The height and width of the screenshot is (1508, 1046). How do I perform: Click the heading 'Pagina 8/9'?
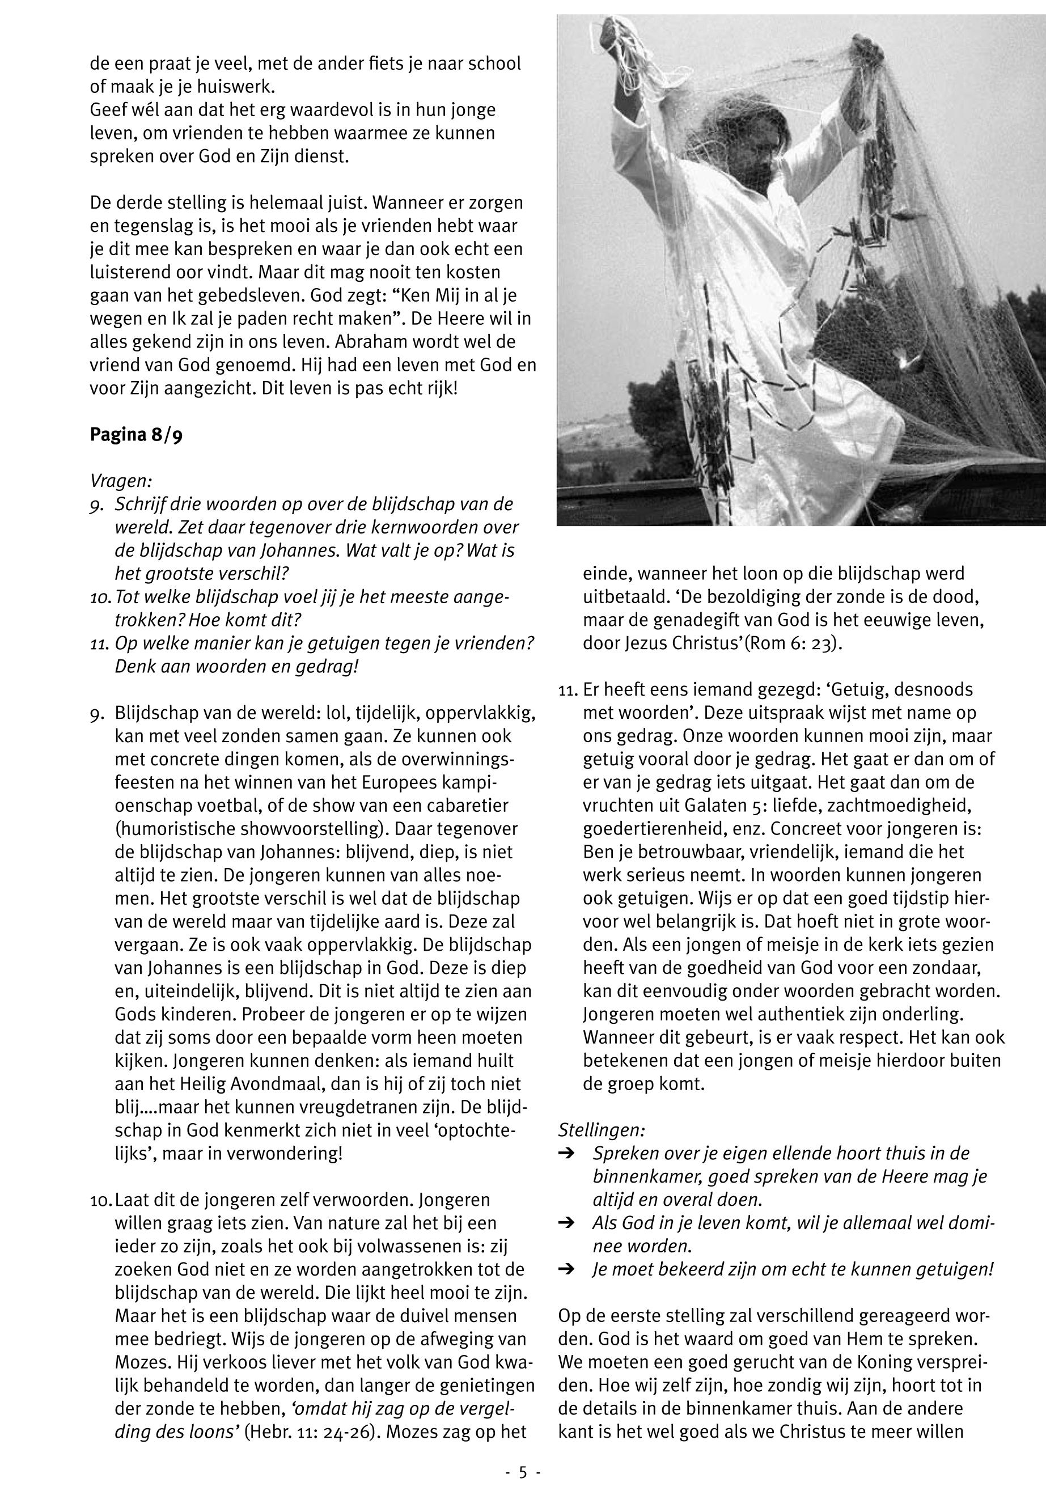coord(135,435)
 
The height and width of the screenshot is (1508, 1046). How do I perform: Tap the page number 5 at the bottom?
coord(522,1473)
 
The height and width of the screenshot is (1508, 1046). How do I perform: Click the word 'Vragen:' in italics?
coord(121,481)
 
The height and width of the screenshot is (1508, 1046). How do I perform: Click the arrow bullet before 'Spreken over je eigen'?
coord(567,1154)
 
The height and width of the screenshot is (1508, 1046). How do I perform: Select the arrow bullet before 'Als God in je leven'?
coord(567,1223)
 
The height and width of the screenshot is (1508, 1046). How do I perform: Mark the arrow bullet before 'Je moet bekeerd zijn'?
coord(567,1269)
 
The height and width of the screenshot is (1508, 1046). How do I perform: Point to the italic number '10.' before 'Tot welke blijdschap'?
coord(101,598)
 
